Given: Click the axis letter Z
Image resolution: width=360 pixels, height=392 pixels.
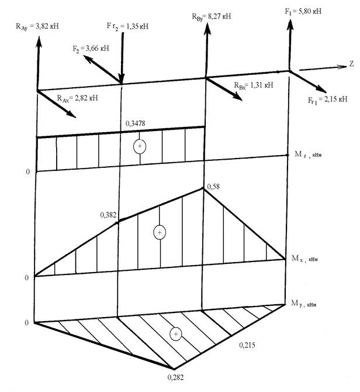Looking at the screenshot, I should [x=351, y=62].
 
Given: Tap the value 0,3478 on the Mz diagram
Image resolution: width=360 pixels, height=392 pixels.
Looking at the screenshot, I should [x=136, y=123].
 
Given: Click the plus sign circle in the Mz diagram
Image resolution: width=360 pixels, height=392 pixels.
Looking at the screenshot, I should [x=139, y=146].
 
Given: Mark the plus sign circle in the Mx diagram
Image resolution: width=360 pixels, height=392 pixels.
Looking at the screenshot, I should [x=159, y=232].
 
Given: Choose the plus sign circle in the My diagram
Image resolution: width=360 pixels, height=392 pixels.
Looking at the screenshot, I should [x=175, y=333].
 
